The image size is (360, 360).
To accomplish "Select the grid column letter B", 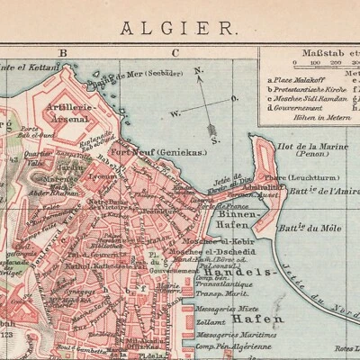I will [x=64, y=52].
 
